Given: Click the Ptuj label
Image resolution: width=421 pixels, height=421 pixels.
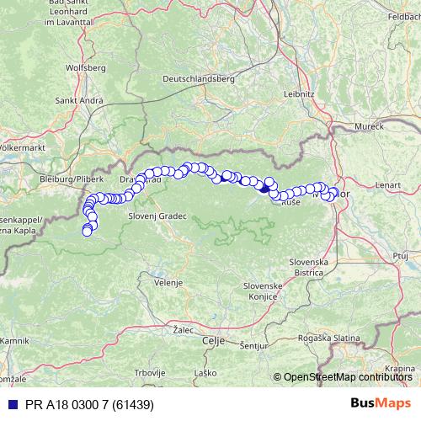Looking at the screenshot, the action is click(400, 253).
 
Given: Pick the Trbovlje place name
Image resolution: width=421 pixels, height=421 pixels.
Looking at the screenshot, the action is click(150, 372).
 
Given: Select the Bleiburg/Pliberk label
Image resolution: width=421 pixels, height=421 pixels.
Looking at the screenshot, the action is click(71, 179).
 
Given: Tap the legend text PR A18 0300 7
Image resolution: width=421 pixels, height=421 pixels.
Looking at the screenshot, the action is click(76, 405).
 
